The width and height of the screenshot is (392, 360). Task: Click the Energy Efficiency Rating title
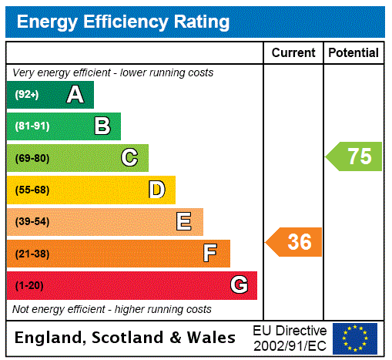pyautogui.click(x=123, y=22)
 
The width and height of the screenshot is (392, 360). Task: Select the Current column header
pyautogui.click(x=293, y=53)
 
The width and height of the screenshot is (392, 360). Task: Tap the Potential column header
pyautogui.click(x=353, y=53)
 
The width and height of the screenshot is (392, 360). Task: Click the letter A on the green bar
pyautogui.click(x=75, y=95)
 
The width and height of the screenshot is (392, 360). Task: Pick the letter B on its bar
pyautogui.click(x=102, y=126)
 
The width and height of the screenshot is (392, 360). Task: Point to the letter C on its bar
pyautogui.click(x=129, y=158)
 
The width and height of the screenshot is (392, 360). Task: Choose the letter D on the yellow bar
pyautogui.click(x=156, y=190)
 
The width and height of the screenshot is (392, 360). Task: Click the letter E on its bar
pyautogui.click(x=184, y=222)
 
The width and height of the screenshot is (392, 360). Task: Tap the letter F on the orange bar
pyautogui.click(x=210, y=254)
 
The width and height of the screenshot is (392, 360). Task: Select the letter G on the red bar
pyautogui.click(x=239, y=285)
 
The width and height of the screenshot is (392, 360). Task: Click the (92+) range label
pyautogui.click(x=27, y=96)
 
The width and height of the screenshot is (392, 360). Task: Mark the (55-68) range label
pyautogui.click(x=32, y=190)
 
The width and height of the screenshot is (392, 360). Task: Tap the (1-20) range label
pyautogui.click(x=28, y=286)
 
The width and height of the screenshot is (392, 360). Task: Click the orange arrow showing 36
pyautogui.click(x=294, y=242)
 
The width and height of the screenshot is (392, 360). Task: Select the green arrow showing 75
pyautogui.click(x=354, y=156)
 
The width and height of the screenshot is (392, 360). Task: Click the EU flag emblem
pyautogui.click(x=355, y=338)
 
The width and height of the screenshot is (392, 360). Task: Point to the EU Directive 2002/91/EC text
pyautogui.click(x=290, y=338)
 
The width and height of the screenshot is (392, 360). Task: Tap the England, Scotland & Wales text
pyautogui.click(x=126, y=338)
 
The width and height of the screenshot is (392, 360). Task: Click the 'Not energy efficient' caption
pyautogui.click(x=112, y=309)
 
